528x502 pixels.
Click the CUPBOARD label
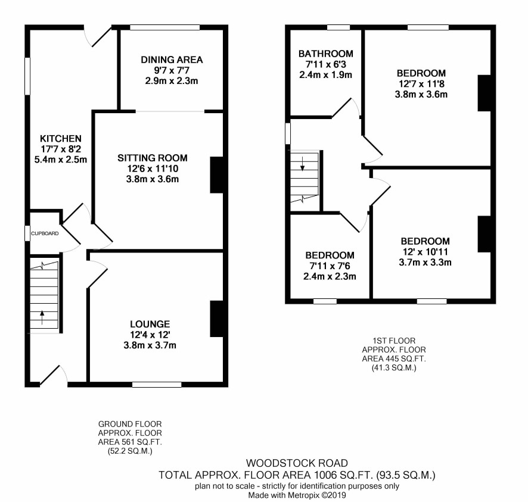pyautogui.click(x=45, y=233)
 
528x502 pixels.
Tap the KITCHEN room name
pyautogui.click(x=61, y=139)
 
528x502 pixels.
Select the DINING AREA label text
pyautogui.click(x=172, y=60)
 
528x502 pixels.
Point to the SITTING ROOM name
pyautogui.click(x=152, y=158)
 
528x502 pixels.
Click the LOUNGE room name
pyautogui.click(x=150, y=324)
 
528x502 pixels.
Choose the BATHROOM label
pyautogui.click(x=325, y=54)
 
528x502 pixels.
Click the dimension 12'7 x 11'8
pyautogui.click(x=421, y=84)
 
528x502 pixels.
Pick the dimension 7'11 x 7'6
pyautogui.click(x=330, y=266)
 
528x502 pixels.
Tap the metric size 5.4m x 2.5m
pyautogui.click(x=61, y=160)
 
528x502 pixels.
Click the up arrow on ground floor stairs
pyautogui.click(x=42, y=317)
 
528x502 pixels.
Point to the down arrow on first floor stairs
pyautogui.click(x=302, y=164)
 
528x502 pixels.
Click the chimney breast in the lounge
pyautogui.click(x=216, y=319)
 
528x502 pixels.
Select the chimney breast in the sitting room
pyautogui.click(x=216, y=174)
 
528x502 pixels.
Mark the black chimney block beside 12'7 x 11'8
pyautogui.click(x=484, y=93)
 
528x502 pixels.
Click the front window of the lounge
pyautogui.click(x=157, y=384)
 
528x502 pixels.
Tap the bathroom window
pyautogui.click(x=338, y=27)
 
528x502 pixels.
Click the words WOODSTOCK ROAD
pyautogui.click(x=297, y=463)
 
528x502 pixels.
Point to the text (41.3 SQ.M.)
pyautogui.click(x=394, y=368)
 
